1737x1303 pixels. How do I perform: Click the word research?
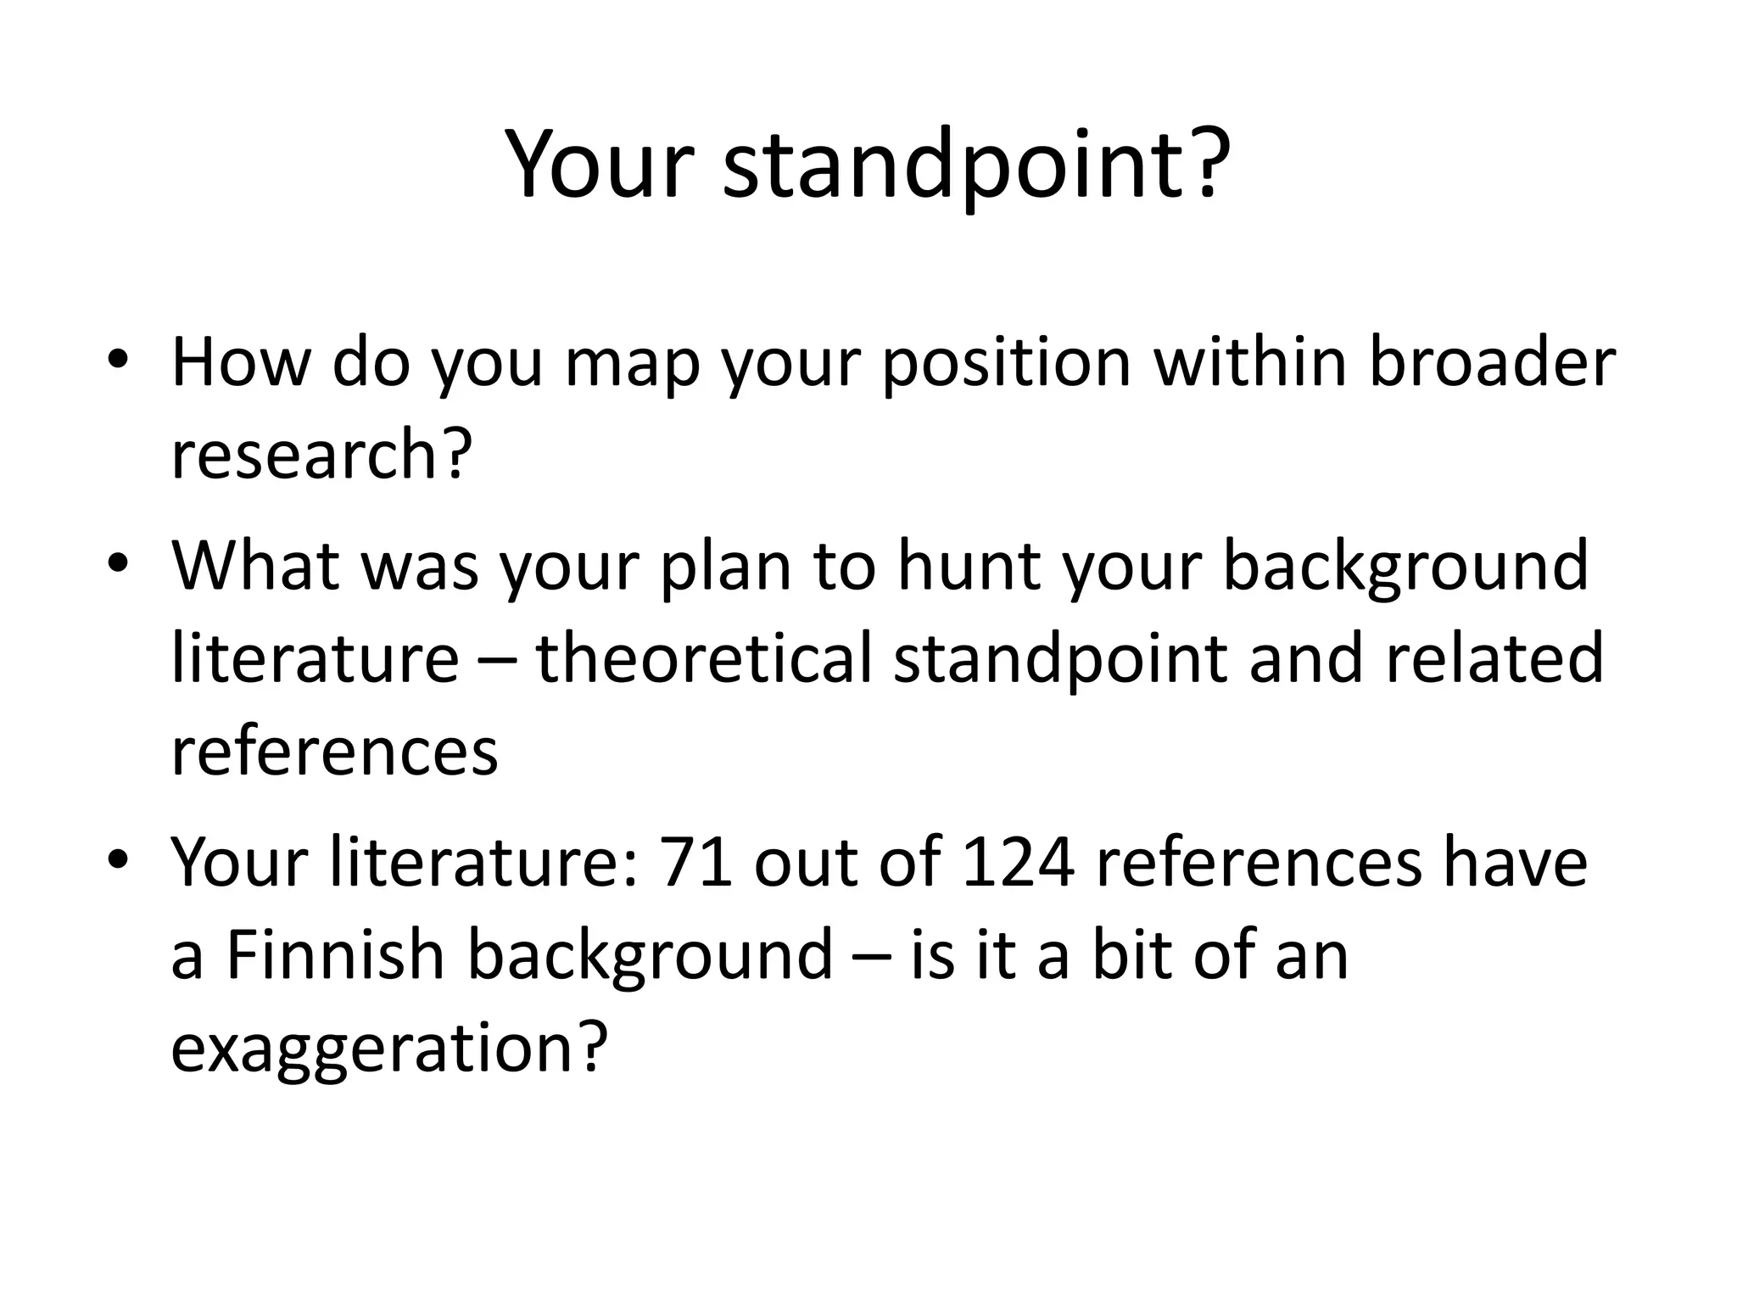pyautogui.click(x=321, y=454)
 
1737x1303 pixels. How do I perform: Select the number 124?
pyautogui.click(x=1019, y=863)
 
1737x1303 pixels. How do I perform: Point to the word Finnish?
pyautogui.click(x=336, y=954)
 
